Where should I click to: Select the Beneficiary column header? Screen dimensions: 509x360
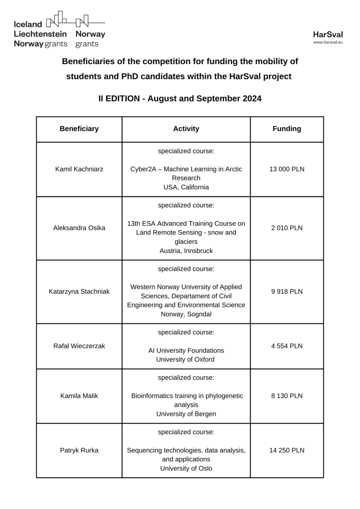tap(79, 129)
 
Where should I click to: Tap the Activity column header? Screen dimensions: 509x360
tap(186, 129)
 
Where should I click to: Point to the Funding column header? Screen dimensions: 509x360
tap(287, 129)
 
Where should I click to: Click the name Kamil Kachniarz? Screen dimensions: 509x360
tap(79, 169)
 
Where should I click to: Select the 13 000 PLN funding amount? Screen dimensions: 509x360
tap(287, 169)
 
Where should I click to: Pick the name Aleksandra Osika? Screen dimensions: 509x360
tap(79, 228)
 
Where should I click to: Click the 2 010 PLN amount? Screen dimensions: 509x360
tap(287, 228)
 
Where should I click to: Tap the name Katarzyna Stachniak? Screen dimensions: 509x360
tap(79, 291)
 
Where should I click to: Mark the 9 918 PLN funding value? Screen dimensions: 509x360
tap(287, 291)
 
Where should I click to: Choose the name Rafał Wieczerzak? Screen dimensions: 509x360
tap(79, 346)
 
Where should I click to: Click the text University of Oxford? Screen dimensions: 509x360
tap(186, 359)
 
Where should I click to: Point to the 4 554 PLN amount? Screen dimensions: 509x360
tap(287, 346)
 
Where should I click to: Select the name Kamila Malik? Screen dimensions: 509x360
tap(79, 396)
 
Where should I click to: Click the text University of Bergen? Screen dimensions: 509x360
tap(186, 414)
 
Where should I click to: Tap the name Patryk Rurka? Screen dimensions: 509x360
tap(79, 450)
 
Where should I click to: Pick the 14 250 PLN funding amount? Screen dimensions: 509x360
tap(287, 450)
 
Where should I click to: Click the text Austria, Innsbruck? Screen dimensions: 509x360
tap(186, 251)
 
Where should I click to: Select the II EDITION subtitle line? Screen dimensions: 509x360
tap(180, 98)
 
